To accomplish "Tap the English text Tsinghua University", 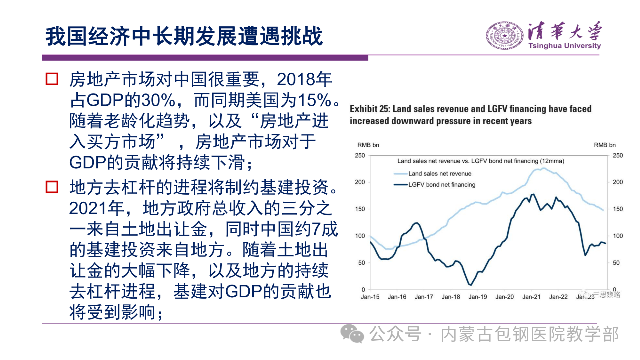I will [x=564, y=46].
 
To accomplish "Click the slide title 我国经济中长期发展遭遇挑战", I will [x=184, y=37].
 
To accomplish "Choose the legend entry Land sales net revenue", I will [x=440, y=174].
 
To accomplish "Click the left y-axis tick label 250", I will [x=360, y=155].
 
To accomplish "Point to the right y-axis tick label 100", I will [x=618, y=236].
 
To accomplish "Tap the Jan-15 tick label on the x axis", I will [x=370, y=297].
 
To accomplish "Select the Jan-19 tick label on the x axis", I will [x=477, y=297].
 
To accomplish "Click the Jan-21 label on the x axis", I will [x=531, y=297].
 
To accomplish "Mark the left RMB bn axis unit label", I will [x=368, y=145].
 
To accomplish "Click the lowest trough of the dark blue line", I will [x=470, y=285].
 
